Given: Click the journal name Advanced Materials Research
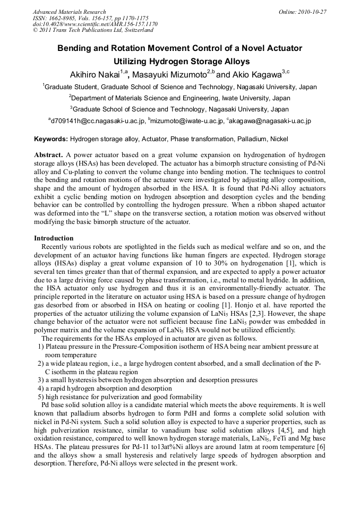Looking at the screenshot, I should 69,12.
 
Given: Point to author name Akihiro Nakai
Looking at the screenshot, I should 94,73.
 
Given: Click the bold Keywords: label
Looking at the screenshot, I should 51,139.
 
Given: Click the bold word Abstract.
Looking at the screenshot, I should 48,153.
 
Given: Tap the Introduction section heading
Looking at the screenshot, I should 54,238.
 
